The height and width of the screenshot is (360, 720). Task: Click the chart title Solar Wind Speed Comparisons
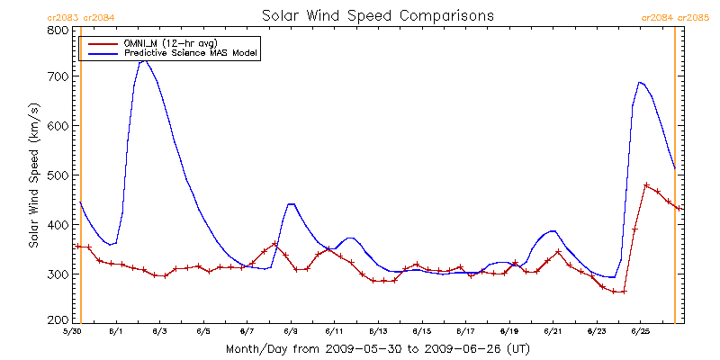(x=377, y=15)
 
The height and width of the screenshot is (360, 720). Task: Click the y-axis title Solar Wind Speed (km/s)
(x=33, y=175)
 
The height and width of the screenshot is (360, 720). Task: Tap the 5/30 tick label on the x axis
(x=74, y=331)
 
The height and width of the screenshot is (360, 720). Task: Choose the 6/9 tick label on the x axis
(x=291, y=331)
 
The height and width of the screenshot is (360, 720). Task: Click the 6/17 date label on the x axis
(x=465, y=331)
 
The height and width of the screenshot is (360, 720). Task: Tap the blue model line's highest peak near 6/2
(x=144, y=60)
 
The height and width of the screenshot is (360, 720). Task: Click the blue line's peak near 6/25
(x=640, y=82)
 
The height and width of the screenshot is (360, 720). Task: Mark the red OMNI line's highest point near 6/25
(x=646, y=185)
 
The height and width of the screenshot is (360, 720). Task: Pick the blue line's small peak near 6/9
(x=291, y=204)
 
